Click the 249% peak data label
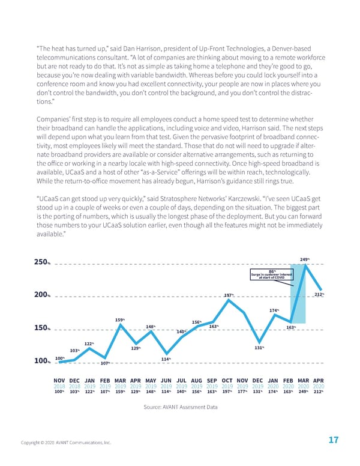click(304, 259)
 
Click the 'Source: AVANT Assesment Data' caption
click(180, 407)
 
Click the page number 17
click(334, 441)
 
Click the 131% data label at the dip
click(260, 347)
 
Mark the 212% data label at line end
click(319, 294)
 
